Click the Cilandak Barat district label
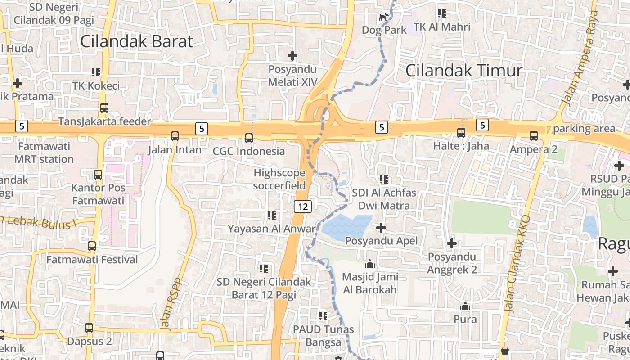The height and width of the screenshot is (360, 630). [x=136, y=41]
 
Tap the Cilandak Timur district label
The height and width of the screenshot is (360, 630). [x=463, y=71]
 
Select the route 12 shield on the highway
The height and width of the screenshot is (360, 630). [x=303, y=207]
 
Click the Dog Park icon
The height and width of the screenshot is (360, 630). [x=383, y=17]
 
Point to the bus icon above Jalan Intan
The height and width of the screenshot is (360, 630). [x=175, y=136]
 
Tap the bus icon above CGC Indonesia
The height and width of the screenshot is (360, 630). [x=249, y=138]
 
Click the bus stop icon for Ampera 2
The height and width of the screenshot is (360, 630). [x=533, y=135]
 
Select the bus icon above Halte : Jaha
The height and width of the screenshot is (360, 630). [x=461, y=132]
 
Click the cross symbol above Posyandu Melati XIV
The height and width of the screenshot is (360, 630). [x=292, y=56]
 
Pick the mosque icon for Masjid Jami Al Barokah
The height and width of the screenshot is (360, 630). [x=370, y=263]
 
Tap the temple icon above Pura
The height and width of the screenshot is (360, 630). [x=465, y=306]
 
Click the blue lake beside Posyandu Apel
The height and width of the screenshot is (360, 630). [x=347, y=226]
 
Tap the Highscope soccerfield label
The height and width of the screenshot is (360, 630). [x=279, y=179]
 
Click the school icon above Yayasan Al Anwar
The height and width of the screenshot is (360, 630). [x=271, y=216]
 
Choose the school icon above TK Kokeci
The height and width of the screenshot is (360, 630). [x=96, y=72]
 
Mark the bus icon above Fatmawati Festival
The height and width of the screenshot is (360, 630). [x=92, y=246]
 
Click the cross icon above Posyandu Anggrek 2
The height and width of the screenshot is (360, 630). [x=451, y=243]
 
